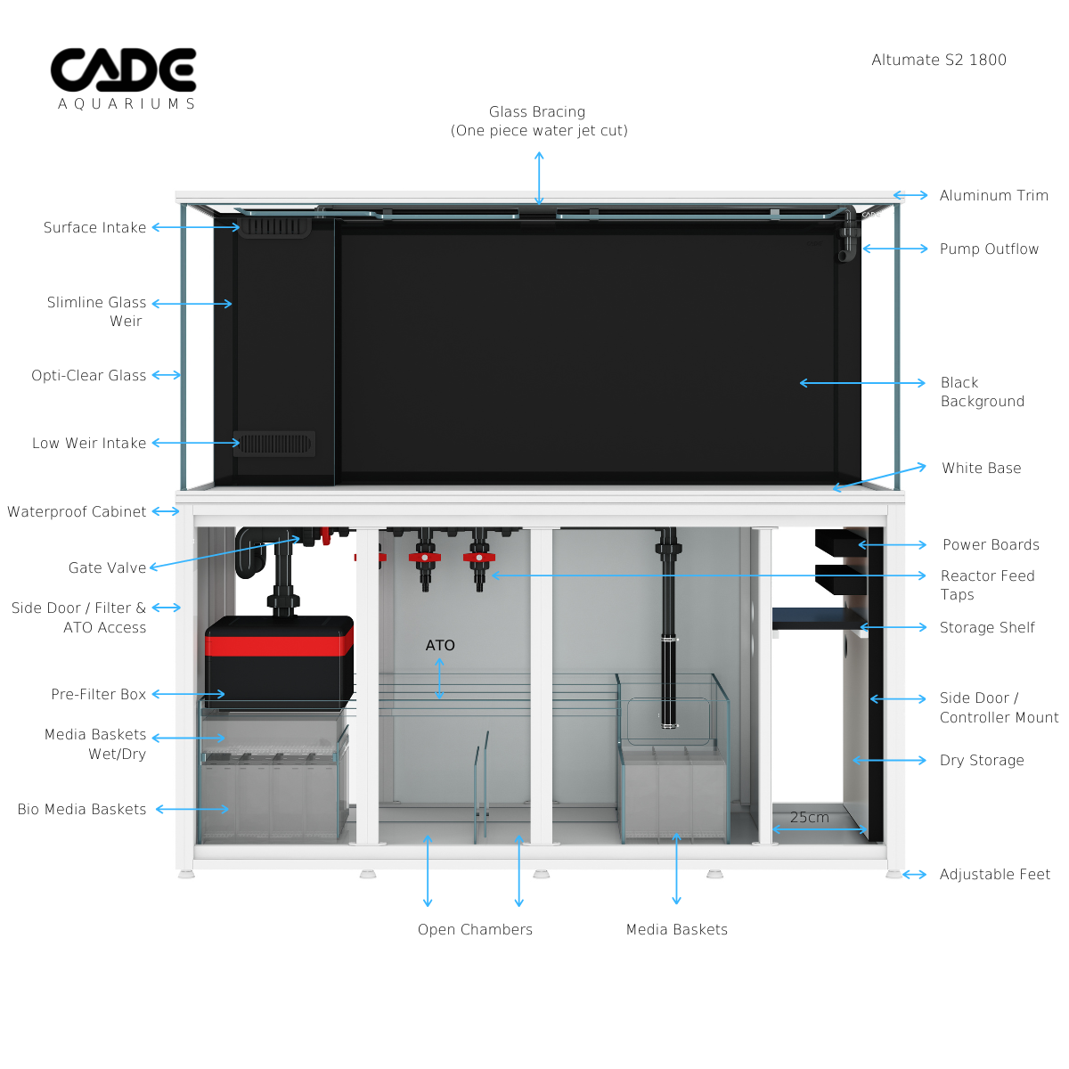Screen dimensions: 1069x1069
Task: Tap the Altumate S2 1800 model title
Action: pos(939,60)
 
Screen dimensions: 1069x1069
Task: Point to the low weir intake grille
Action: pos(274,443)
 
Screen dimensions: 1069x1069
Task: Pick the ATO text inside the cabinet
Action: pos(440,645)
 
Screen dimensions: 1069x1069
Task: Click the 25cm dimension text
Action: pos(809,817)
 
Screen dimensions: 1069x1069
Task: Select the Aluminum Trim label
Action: pos(993,195)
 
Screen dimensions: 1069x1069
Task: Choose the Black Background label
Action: pos(982,392)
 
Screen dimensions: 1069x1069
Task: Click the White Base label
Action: pos(981,468)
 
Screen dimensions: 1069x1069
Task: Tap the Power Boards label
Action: pos(991,544)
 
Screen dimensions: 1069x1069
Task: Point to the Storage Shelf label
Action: pos(987,627)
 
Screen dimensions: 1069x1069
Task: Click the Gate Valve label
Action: pos(107,567)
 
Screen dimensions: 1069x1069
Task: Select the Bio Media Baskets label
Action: pos(82,809)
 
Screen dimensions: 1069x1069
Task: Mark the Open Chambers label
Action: pos(475,929)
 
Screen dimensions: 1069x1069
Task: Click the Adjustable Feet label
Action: pos(994,874)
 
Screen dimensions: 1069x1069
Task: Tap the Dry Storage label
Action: pos(982,760)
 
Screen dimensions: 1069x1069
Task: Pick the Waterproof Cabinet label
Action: pos(77,511)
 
